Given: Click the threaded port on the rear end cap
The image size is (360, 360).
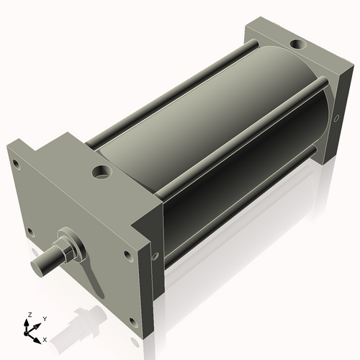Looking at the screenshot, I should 297,45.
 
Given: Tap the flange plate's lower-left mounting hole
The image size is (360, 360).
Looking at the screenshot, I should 30,232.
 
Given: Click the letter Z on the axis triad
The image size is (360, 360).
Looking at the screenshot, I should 30,315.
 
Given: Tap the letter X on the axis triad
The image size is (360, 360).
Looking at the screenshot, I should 45,338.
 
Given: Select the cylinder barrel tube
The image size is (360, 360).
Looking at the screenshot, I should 216,144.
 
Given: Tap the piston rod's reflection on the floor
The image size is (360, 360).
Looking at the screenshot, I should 79,318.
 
